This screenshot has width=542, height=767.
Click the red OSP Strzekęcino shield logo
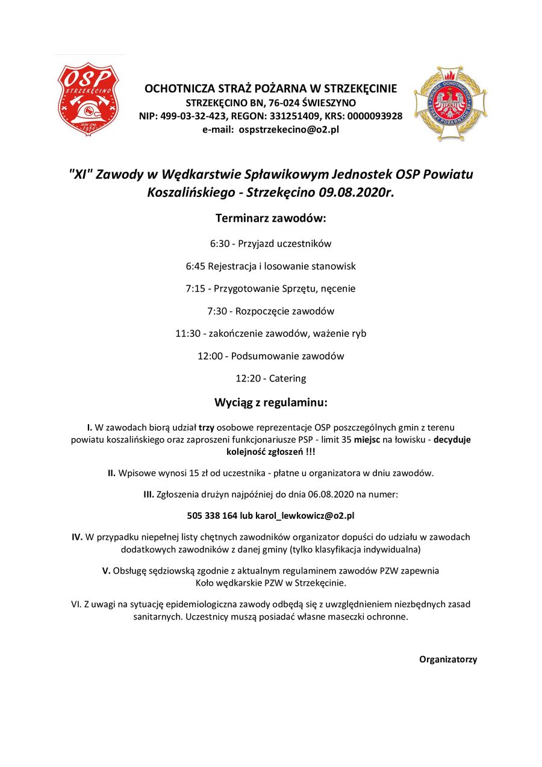point(88,99)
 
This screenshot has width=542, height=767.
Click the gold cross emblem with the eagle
point(450,104)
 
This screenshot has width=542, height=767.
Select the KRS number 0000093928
point(372,116)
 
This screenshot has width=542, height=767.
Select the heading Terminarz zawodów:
point(270,218)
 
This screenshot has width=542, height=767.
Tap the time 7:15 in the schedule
point(196,289)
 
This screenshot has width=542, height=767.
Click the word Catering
point(287,378)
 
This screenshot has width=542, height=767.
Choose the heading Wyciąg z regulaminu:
point(270,402)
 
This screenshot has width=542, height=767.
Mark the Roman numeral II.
point(111,473)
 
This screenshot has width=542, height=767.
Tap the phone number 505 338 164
point(212,516)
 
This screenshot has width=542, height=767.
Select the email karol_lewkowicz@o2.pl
point(305,516)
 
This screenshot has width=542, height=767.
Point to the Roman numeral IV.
point(77,537)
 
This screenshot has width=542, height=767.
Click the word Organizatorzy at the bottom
point(448,659)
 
